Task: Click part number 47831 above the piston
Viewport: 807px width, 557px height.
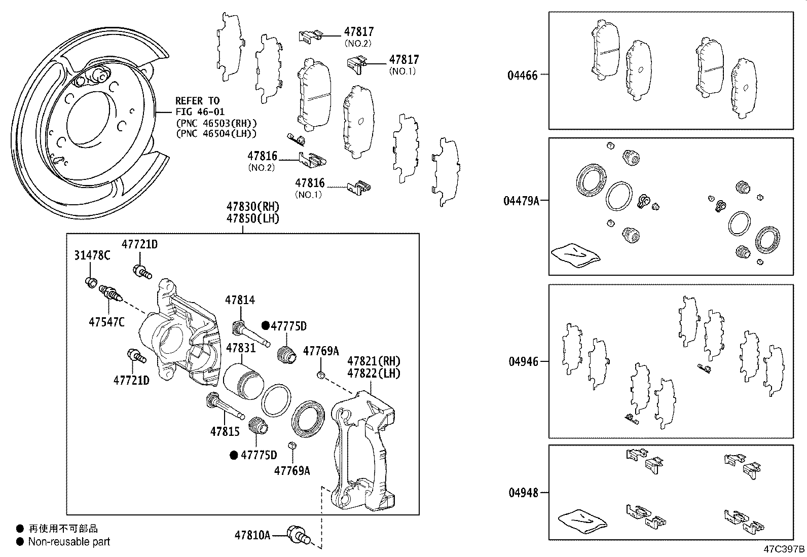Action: pyautogui.click(x=240, y=348)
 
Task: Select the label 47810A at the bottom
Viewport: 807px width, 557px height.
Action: pyautogui.click(x=252, y=535)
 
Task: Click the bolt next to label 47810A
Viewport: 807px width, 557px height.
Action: pyautogui.click(x=298, y=535)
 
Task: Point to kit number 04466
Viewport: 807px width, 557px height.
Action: pyautogui.click(x=522, y=76)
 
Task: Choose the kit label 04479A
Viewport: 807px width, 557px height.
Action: pyautogui.click(x=521, y=201)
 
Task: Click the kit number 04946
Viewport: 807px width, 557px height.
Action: pyautogui.click(x=522, y=362)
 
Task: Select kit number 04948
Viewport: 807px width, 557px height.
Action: pyautogui.click(x=522, y=493)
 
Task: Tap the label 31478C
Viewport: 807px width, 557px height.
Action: pyautogui.click(x=92, y=255)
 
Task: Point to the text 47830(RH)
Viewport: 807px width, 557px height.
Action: pyautogui.click(x=252, y=207)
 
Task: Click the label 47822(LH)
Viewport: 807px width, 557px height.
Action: pyautogui.click(x=374, y=374)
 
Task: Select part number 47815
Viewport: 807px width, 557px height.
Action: pyautogui.click(x=225, y=431)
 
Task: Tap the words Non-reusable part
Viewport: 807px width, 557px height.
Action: pyautogui.click(x=69, y=542)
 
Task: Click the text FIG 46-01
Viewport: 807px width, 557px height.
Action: pyautogui.click(x=200, y=112)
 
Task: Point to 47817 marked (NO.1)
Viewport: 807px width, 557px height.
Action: pyautogui.click(x=404, y=60)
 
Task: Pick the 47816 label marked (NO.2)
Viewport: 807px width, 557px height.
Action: pyautogui.click(x=262, y=156)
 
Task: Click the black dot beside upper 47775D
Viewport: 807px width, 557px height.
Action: pyautogui.click(x=265, y=326)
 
